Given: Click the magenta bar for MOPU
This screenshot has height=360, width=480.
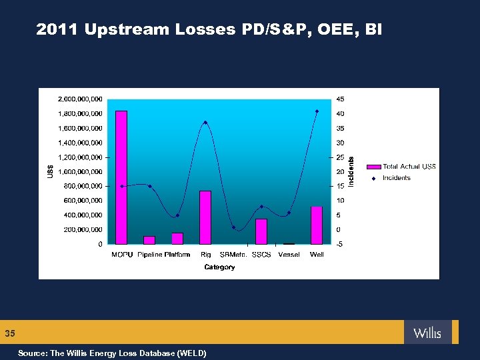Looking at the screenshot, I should [121, 177].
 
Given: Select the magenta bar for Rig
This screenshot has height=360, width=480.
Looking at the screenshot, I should [205, 217].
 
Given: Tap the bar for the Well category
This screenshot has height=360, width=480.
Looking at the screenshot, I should [317, 225].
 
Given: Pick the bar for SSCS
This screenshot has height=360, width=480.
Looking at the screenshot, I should [261, 231].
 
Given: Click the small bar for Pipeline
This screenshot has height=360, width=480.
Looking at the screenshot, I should [149, 240].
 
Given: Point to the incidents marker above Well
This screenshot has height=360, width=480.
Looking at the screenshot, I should [317, 111].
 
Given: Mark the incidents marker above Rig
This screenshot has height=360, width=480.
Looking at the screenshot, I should [205, 123].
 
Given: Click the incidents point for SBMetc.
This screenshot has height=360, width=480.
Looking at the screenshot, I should [233, 227].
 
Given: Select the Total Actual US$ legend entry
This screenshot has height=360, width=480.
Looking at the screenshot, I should [409, 167].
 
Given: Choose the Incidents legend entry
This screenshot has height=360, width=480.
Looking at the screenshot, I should [396, 178].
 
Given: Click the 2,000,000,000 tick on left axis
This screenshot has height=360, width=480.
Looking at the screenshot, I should [78, 99].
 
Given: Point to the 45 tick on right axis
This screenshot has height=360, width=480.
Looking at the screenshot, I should [340, 99].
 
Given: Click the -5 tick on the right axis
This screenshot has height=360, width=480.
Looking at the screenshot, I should [340, 244].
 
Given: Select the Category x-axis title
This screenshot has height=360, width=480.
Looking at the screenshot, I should [219, 267].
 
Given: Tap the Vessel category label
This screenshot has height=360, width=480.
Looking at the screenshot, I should [289, 255].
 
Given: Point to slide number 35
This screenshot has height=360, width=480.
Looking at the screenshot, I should [10, 333].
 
